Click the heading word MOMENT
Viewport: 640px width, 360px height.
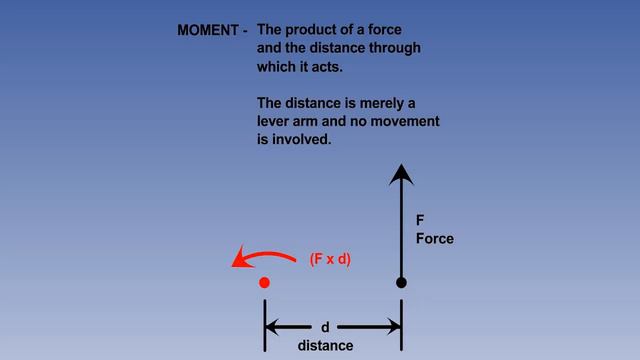click(208, 30)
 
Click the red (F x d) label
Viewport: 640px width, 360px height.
click(330, 259)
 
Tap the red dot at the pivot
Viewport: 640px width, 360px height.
click(264, 283)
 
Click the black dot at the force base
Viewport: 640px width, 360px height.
click(401, 283)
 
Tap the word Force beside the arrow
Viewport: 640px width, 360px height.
click(435, 239)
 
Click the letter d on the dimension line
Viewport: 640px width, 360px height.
click(325, 327)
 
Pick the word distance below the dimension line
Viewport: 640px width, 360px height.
click(325, 345)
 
